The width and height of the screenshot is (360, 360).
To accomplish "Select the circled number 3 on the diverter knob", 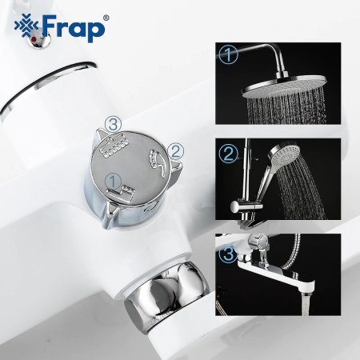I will click(x=115, y=123).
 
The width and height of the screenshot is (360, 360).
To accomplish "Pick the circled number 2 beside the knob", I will click(x=178, y=150).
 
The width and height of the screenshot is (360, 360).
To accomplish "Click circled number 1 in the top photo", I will click(x=229, y=55).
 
